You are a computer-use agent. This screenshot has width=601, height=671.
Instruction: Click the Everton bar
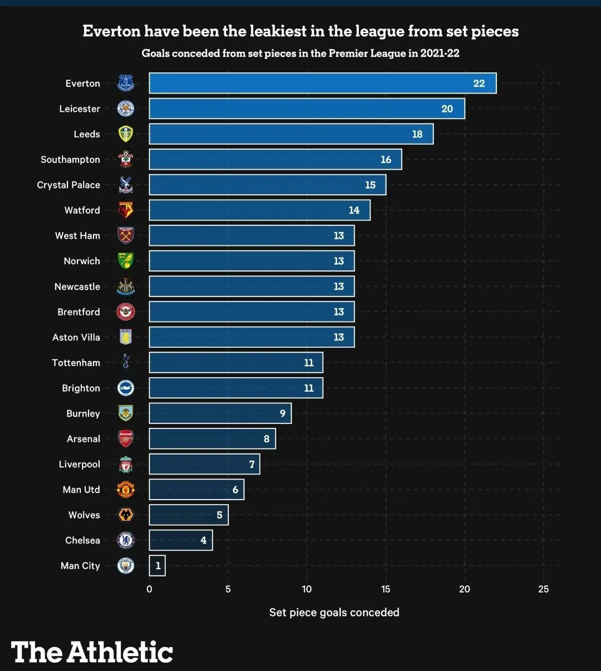click(x=323, y=83)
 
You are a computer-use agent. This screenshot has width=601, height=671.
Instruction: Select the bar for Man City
click(x=157, y=566)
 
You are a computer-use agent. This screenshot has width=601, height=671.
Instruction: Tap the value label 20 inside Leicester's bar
click(x=447, y=109)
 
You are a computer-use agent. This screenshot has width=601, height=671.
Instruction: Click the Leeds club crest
click(x=126, y=134)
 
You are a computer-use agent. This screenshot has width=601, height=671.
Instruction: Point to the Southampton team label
click(x=70, y=160)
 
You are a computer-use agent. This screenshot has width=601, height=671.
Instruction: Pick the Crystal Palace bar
click(x=267, y=185)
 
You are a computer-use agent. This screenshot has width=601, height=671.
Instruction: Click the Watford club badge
click(x=126, y=210)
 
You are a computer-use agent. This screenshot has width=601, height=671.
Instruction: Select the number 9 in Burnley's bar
click(x=282, y=413)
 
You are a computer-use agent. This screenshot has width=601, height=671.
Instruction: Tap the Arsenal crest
click(x=126, y=439)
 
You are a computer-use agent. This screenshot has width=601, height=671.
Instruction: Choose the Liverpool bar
click(x=204, y=464)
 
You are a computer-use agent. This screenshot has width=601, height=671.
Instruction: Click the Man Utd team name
click(x=81, y=490)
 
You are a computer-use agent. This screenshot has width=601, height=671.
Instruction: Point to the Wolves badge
click(x=126, y=515)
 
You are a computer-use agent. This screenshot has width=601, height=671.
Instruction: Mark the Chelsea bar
click(x=180, y=540)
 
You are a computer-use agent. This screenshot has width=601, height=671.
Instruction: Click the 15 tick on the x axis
click(x=385, y=589)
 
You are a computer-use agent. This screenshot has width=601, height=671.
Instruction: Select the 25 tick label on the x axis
click(x=543, y=589)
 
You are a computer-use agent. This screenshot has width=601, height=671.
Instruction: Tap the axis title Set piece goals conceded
click(x=334, y=613)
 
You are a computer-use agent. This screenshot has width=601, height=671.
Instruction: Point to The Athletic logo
click(x=92, y=652)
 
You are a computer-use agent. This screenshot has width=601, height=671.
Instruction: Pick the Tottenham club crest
click(x=126, y=363)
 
